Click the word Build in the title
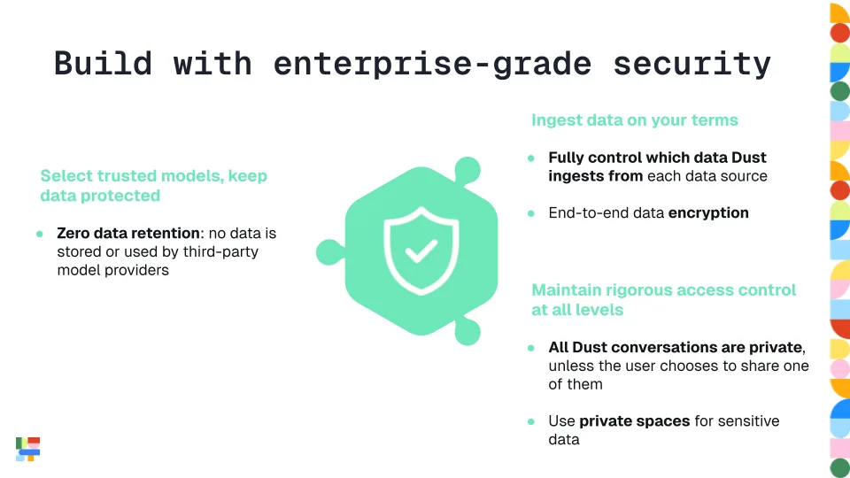(x=103, y=64)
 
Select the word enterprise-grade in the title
(x=433, y=64)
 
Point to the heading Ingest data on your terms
(x=634, y=119)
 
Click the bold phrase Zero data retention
(x=128, y=234)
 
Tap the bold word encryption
(x=708, y=212)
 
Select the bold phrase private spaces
(x=634, y=421)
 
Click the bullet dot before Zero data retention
(x=40, y=234)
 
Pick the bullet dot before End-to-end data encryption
(x=531, y=213)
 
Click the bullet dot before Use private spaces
(x=531, y=421)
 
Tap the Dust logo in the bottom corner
(x=28, y=449)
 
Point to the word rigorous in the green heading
(x=636, y=290)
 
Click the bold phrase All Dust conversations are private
(x=676, y=347)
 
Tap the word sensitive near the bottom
(x=748, y=421)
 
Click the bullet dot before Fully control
(x=531, y=158)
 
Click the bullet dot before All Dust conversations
(x=531, y=347)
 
